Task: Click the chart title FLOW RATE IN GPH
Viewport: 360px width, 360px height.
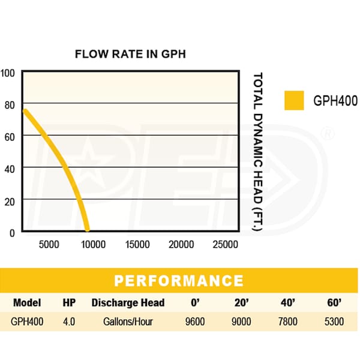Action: coord(130,53)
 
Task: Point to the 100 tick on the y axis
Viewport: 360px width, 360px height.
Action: coord(7,73)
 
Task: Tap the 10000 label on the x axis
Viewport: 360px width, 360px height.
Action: coord(92,244)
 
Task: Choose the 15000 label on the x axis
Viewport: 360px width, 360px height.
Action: coord(137,244)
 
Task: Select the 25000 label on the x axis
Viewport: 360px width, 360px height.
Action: coord(226,244)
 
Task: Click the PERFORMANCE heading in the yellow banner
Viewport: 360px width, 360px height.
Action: coord(179,281)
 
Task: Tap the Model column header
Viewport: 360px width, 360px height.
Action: coord(26,302)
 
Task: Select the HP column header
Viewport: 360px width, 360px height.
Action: coord(69,302)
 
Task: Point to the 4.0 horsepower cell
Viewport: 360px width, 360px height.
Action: coord(69,322)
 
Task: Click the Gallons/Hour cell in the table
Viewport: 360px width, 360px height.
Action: coord(127,322)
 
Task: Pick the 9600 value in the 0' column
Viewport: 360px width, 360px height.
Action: coord(195,322)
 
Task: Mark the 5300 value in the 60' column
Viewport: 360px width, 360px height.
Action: coord(334,322)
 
